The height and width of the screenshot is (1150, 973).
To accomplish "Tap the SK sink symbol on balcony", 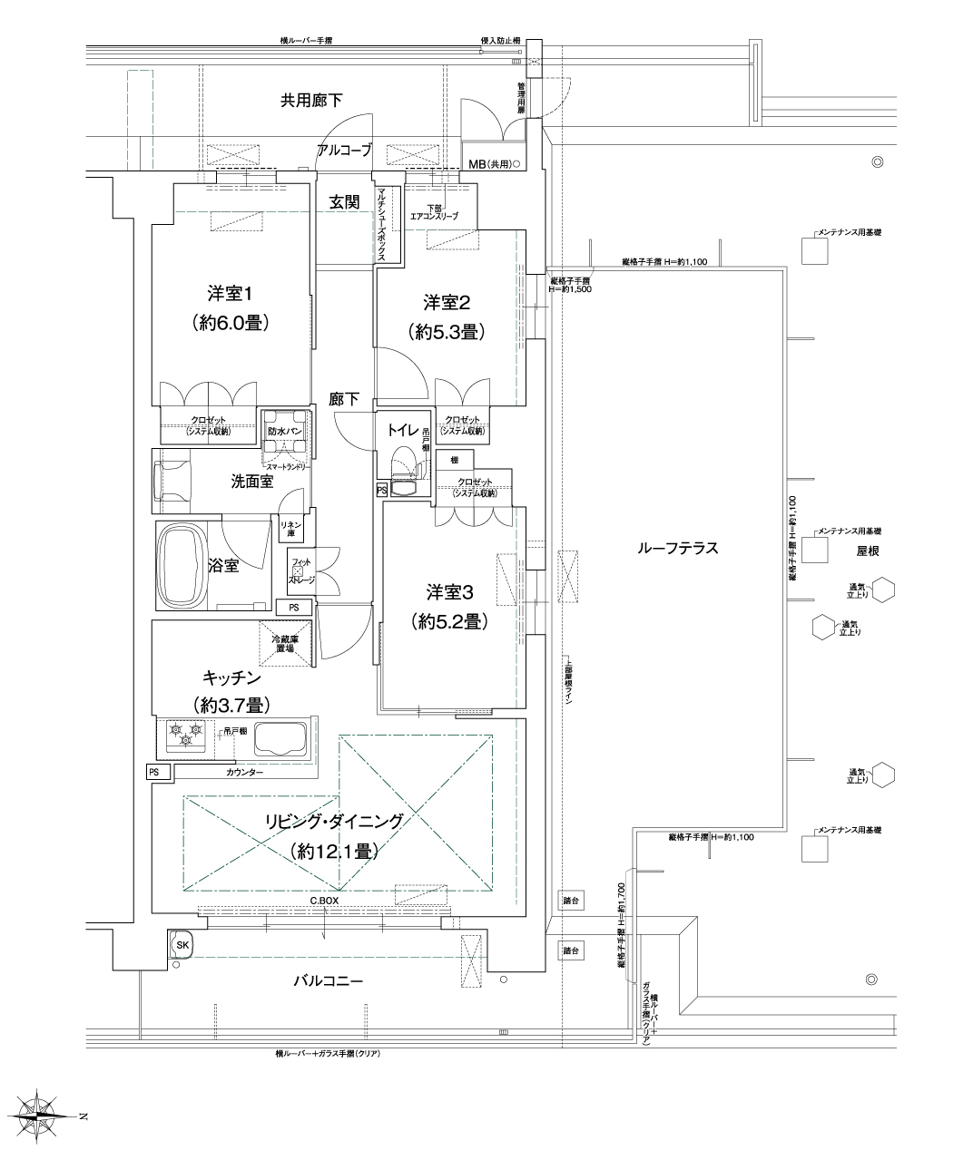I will pyautogui.click(x=182, y=945).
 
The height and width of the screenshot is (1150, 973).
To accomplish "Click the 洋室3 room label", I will pyautogui.click(x=450, y=591).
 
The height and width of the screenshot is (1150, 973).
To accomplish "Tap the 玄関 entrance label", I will pyautogui.click(x=344, y=203).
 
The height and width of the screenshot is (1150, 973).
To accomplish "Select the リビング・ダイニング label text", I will pyautogui.click(x=333, y=821).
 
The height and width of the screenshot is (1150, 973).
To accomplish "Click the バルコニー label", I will pyautogui.click(x=328, y=981).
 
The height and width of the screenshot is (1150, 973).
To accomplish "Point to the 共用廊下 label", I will pyautogui.click(x=311, y=100).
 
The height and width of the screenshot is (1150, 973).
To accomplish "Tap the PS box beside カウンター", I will pyautogui.click(x=154, y=772).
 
